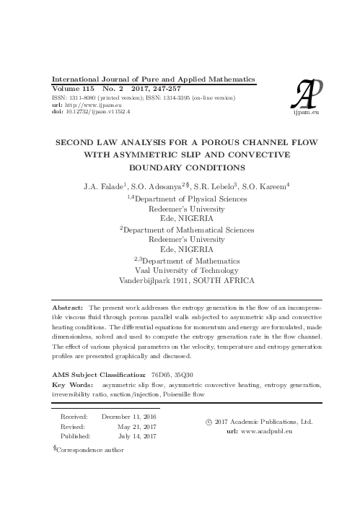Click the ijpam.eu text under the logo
point(307,113)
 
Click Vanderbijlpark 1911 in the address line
point(152,279)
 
